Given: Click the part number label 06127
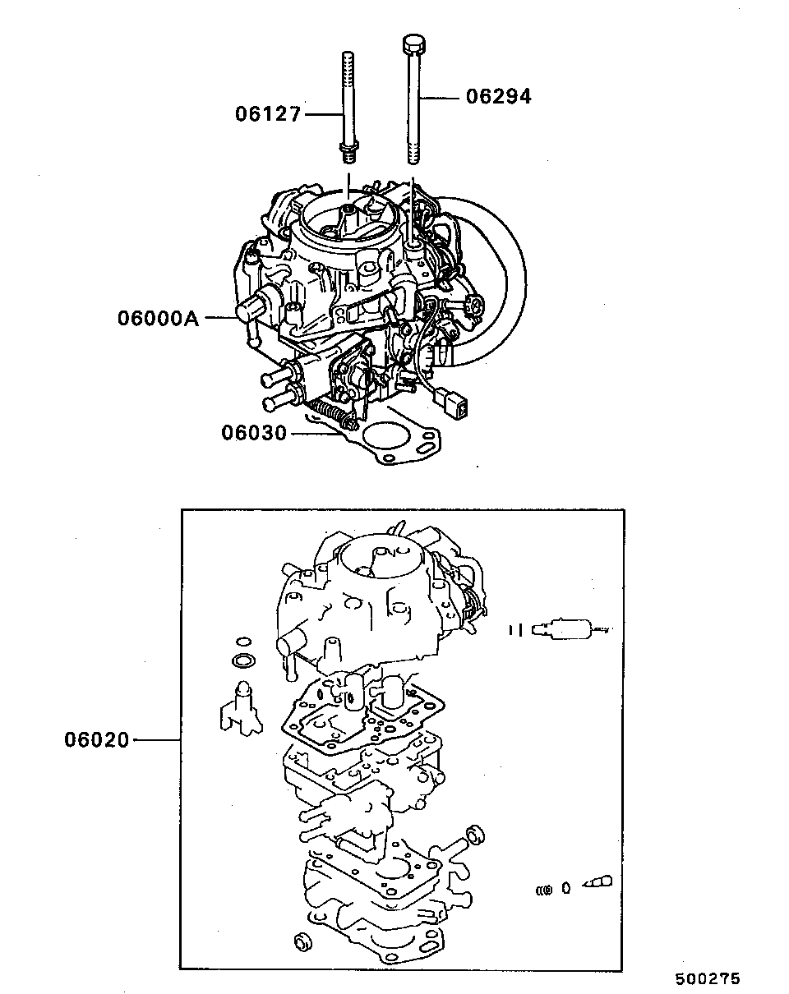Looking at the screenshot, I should pos(269,114).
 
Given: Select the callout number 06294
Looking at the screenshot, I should pos(499,97).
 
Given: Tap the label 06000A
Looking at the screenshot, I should pos(159,317).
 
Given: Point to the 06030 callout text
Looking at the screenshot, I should pos(254,433).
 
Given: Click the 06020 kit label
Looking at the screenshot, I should pos(97,740).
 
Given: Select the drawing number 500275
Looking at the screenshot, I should pos(708,979).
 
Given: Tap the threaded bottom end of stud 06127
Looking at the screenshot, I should pos(348,152).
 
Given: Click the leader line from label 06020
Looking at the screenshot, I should pos(156,740).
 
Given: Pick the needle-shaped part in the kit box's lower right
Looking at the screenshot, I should pos(597,884).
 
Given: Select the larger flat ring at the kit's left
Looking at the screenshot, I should pos(243,661).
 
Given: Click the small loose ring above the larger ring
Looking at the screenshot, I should pos(242,641).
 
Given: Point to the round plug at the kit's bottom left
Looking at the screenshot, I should pos(301,941).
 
